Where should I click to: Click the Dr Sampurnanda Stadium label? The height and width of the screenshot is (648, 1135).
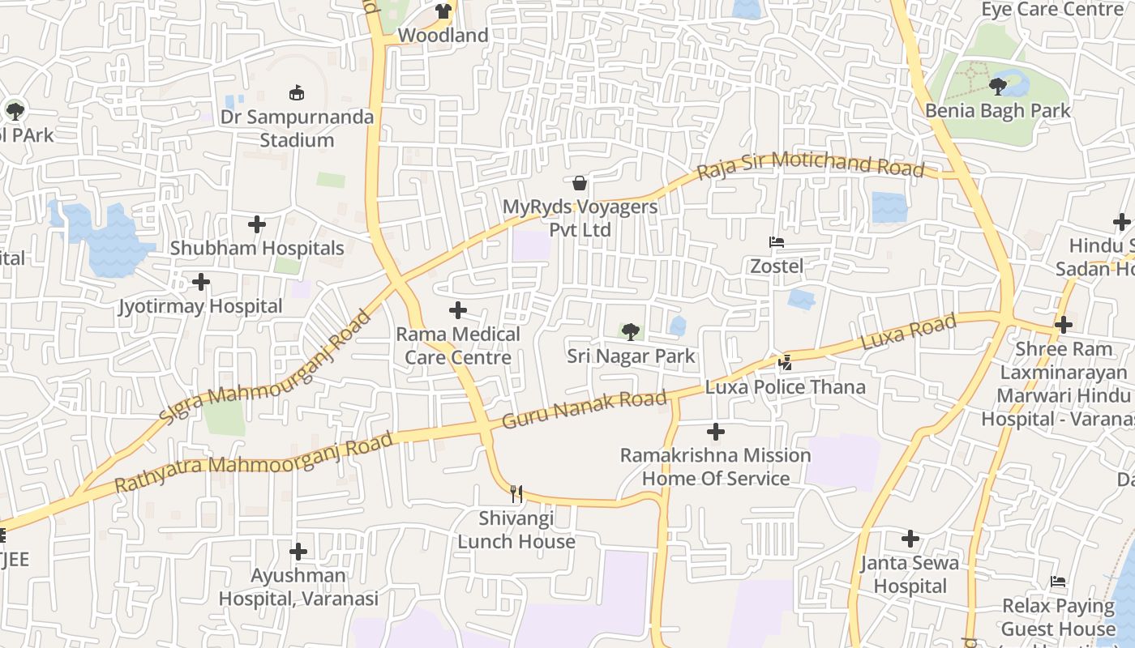point(297,128)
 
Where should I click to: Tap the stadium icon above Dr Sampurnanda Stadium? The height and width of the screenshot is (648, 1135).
point(297,93)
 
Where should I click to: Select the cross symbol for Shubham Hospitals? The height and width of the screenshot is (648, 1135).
point(257,224)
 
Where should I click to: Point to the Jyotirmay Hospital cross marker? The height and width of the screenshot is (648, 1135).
point(201,282)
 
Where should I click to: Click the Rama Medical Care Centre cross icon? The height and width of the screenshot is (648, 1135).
point(458,309)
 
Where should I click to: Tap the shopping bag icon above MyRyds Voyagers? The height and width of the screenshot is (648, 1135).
point(580,182)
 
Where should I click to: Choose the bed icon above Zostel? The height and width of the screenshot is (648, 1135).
point(776,242)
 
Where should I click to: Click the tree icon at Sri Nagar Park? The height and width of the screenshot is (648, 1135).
point(630,331)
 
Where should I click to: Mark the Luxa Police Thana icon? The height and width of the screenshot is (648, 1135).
point(785,362)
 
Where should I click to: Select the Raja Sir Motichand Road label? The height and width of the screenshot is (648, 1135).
point(811,164)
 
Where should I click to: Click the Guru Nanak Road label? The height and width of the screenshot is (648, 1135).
point(585,409)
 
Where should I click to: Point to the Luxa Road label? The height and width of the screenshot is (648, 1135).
point(908,332)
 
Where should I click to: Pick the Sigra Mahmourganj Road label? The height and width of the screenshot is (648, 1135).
point(264,369)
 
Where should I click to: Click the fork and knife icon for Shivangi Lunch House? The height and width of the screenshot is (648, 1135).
point(516,493)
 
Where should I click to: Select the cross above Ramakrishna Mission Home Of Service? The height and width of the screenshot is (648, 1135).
point(715,432)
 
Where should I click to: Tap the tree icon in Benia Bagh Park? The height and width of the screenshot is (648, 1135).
point(998,86)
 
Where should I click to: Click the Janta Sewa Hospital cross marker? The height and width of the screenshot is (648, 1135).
point(910,539)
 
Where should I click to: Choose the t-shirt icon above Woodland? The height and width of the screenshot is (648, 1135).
point(443,11)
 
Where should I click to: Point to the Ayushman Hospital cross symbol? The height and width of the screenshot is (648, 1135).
point(298,552)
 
